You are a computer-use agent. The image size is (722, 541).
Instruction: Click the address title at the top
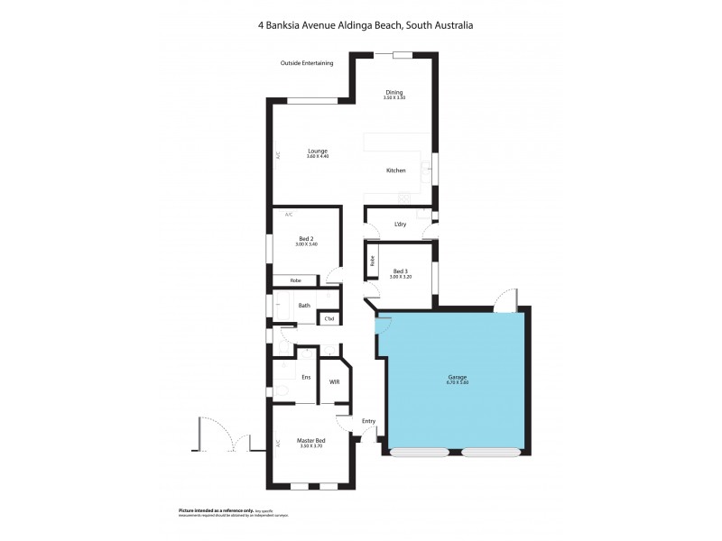pyautogui.click(x=366, y=26)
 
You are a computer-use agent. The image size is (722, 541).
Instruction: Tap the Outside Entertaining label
pyautogui.click(x=307, y=63)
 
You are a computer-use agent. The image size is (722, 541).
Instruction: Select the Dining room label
pyautogui.click(x=394, y=91)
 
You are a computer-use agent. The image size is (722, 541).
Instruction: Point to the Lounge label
pyautogui.click(x=317, y=151)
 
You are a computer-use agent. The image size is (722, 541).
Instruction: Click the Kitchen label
pyautogui.click(x=396, y=170)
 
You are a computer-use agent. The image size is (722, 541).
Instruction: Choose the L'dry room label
pyautogui.click(x=401, y=225)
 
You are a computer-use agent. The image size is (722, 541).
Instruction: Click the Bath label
pyautogui.click(x=304, y=306)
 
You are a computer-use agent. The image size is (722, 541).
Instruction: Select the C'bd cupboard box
pyautogui.click(x=329, y=318)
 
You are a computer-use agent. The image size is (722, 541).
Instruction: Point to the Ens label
pyautogui.click(x=306, y=377)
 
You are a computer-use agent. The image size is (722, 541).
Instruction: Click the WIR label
pyautogui.click(x=334, y=381)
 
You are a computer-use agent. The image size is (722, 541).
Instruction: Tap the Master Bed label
pyautogui.click(x=310, y=440)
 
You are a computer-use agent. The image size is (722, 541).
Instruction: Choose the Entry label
pyautogui.click(x=368, y=421)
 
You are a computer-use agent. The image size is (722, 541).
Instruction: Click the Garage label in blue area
pyautogui.click(x=456, y=377)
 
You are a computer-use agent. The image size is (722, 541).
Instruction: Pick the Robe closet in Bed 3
pyautogui.click(x=371, y=264)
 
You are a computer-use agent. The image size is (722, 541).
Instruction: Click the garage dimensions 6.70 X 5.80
pyautogui.click(x=456, y=383)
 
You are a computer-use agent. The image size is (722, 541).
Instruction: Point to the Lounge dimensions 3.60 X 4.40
pyautogui.click(x=317, y=157)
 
